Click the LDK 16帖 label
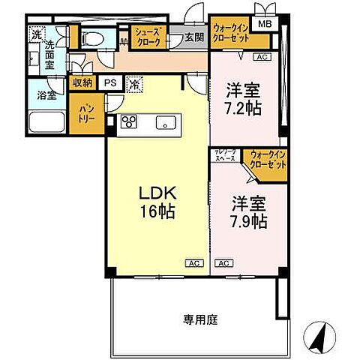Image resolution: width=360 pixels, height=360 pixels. click(x=157, y=202)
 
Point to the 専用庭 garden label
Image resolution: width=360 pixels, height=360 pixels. click(x=199, y=319)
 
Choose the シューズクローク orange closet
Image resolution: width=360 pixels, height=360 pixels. click(x=146, y=36)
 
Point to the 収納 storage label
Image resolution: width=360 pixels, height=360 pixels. click(x=82, y=84)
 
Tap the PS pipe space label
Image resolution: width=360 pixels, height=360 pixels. click(x=110, y=84)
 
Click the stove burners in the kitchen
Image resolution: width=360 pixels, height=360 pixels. click(x=127, y=121)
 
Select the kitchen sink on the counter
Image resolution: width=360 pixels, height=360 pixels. click(x=163, y=121)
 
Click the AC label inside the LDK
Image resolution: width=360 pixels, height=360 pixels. click(x=194, y=263)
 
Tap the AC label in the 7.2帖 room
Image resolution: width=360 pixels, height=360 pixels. click(x=262, y=57)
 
